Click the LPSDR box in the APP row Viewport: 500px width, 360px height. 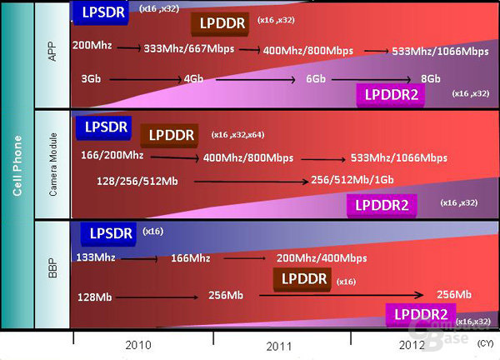point(101,12)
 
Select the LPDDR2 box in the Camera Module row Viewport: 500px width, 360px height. point(382,205)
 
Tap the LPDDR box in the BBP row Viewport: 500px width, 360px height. point(302,279)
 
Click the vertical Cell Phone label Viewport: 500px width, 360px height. point(17,166)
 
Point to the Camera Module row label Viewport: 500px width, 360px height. point(53,164)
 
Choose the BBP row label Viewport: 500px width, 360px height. point(53,268)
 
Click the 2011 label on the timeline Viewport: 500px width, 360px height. point(279,347)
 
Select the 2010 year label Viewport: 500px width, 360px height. point(138,345)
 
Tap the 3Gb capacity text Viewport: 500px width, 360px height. point(91,78)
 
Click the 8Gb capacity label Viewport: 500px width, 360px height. point(431,78)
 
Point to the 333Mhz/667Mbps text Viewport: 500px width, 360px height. point(189,49)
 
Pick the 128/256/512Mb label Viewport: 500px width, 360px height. point(137,181)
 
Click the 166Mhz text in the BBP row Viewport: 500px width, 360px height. point(190,258)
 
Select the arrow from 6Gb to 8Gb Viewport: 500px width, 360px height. point(372,79)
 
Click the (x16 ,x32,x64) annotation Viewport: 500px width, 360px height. point(237,135)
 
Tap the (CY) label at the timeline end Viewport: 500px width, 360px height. point(485,343)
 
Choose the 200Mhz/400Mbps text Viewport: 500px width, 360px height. point(322,258)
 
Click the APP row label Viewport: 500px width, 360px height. point(52,51)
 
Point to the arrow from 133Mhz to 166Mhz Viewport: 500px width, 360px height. point(139,259)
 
